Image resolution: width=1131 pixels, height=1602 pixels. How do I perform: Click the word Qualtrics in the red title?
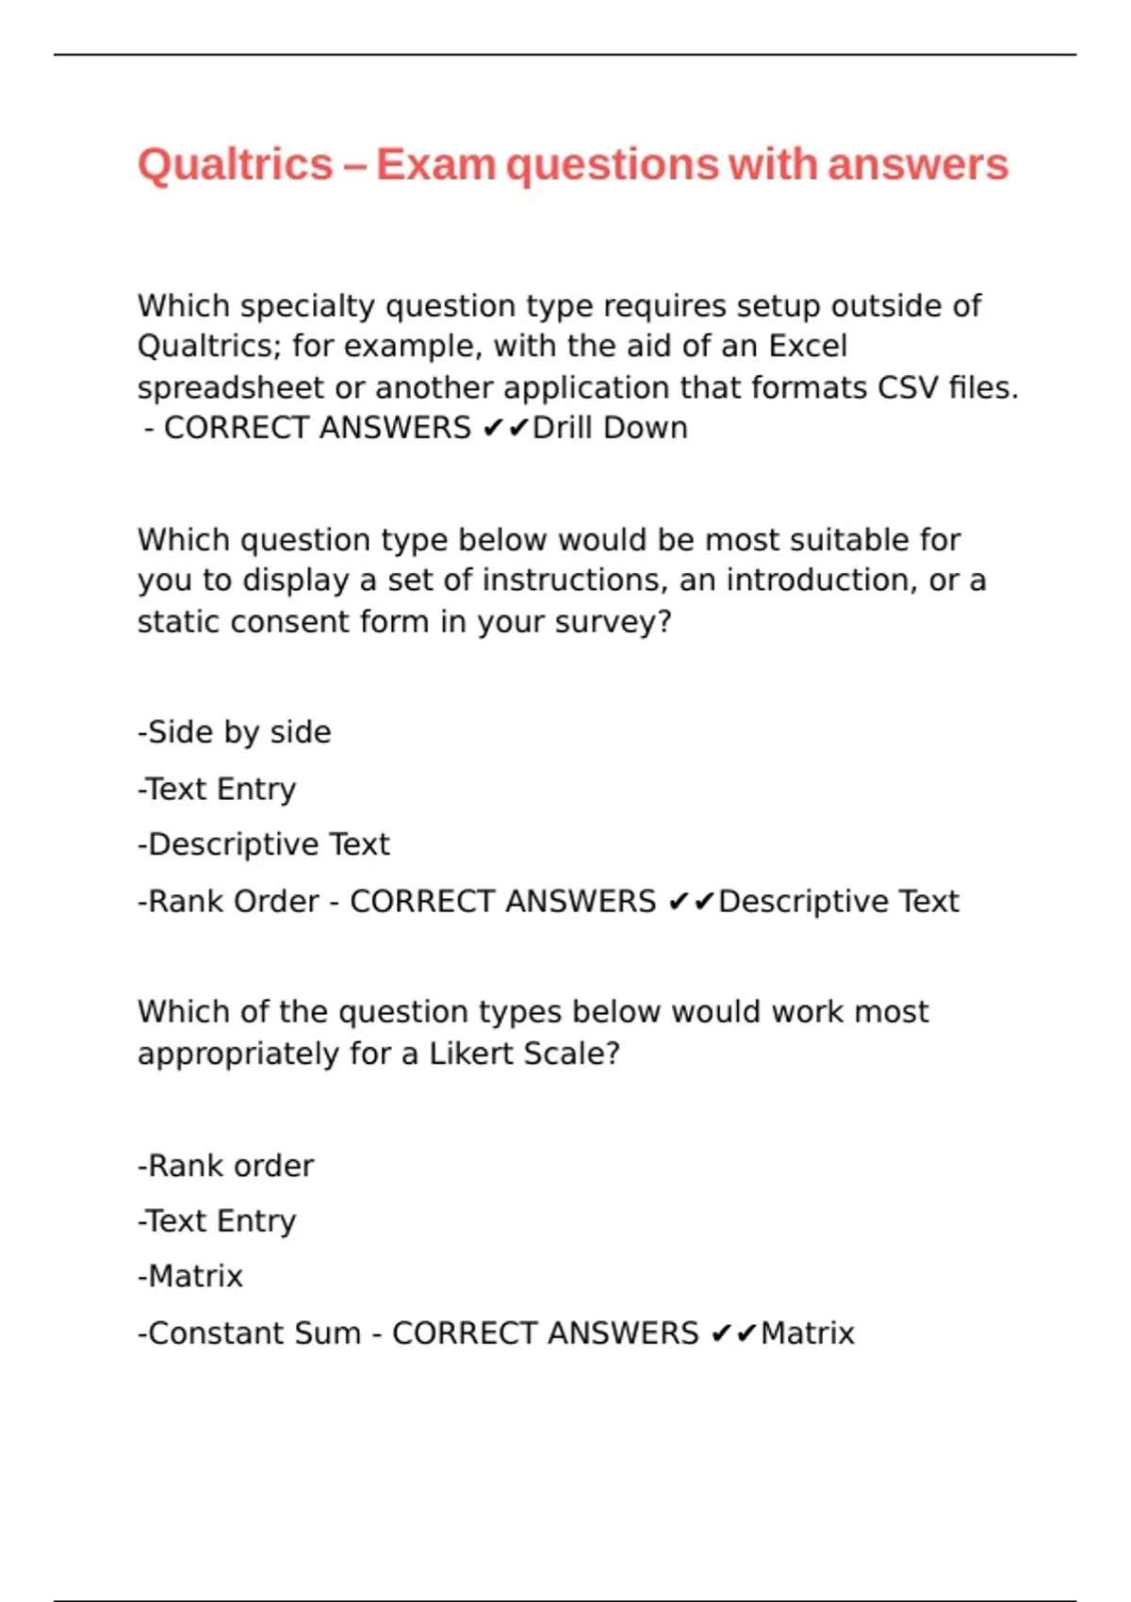tap(235, 165)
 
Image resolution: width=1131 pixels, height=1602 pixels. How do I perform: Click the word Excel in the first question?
tap(808, 346)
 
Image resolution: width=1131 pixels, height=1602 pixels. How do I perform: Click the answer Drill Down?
tap(610, 428)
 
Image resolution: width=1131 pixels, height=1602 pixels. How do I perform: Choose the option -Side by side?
tap(235, 732)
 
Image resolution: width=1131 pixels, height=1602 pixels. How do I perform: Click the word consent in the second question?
tap(330, 622)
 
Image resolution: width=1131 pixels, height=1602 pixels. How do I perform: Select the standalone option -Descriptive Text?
tap(264, 844)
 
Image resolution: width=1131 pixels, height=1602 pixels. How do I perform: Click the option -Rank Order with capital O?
tap(229, 902)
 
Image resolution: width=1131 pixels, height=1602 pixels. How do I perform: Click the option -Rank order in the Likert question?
tap(226, 1166)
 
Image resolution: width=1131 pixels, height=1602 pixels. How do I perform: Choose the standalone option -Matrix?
tap(190, 1277)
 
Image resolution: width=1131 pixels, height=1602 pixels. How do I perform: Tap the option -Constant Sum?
tap(250, 1333)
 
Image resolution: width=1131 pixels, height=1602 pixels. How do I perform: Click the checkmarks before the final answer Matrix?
tap(733, 1333)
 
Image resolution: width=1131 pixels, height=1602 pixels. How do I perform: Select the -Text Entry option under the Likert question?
tap(217, 1221)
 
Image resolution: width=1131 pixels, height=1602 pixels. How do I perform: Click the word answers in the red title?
tap(918, 165)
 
